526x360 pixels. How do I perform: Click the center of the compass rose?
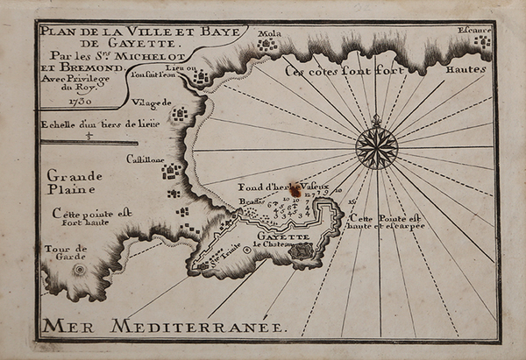[x=376, y=147]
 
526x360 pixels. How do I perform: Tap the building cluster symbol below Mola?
[x=267, y=44]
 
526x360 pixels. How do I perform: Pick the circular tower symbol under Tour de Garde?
[x=79, y=269]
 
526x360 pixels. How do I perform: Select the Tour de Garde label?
[x=66, y=254]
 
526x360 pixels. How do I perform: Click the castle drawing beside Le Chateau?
[x=302, y=251]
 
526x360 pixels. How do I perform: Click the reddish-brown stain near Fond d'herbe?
[x=296, y=188]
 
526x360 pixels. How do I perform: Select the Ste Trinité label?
[x=224, y=257]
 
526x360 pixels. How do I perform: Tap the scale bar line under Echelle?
[x=88, y=142]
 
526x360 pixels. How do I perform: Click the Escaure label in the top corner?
[x=474, y=30]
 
